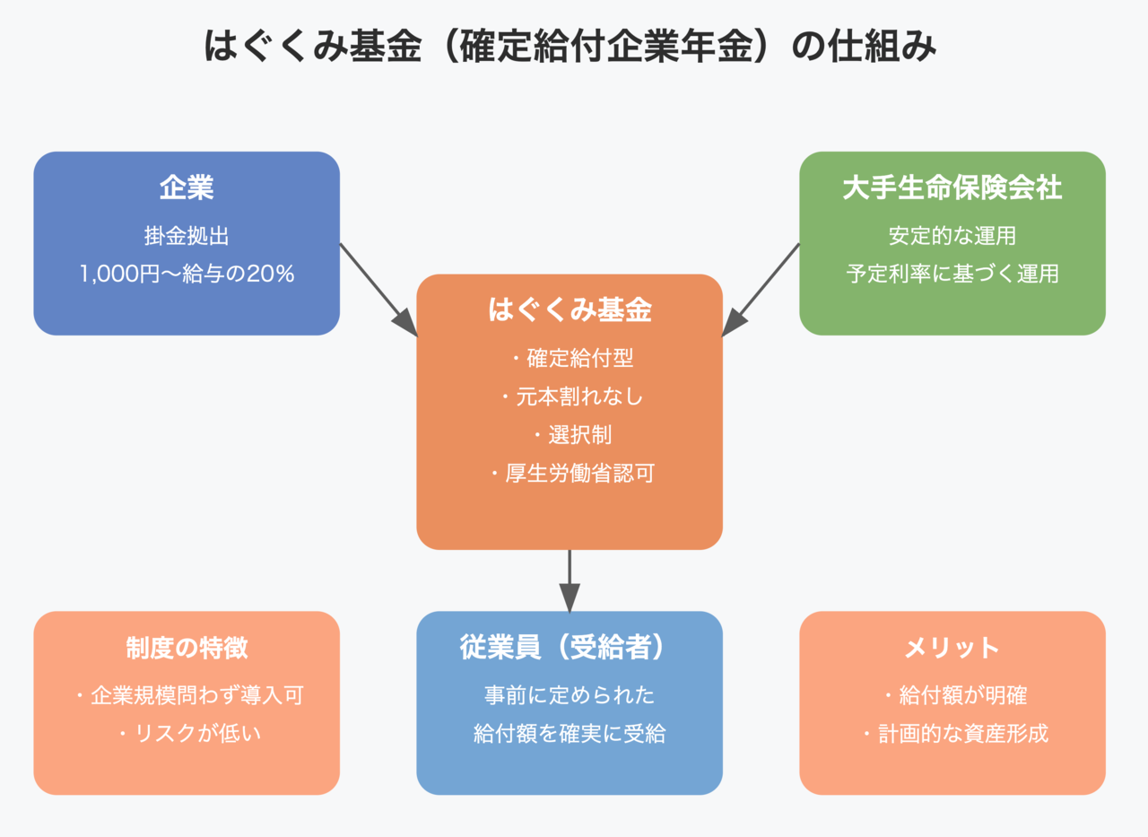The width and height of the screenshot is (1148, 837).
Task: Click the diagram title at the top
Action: point(570,46)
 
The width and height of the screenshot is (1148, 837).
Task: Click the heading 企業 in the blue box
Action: point(187,187)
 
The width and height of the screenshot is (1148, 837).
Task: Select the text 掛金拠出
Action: point(187,236)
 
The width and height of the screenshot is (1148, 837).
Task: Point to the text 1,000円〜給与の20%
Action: point(187,274)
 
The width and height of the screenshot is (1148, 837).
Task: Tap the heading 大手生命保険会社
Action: point(952,187)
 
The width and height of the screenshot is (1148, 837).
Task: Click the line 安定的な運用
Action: point(952,236)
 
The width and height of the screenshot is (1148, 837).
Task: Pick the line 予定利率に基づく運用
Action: point(952,274)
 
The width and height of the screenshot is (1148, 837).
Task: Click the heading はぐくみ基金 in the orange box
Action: point(570,310)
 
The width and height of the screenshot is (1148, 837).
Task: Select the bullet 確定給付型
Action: point(573,358)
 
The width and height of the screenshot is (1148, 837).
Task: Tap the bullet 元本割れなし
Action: point(572,397)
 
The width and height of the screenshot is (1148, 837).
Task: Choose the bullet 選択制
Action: point(573,434)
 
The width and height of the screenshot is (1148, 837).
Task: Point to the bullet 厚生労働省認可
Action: point(572,473)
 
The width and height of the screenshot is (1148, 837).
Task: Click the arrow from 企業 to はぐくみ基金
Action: point(378,290)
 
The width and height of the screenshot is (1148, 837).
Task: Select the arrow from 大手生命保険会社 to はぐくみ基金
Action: point(761,290)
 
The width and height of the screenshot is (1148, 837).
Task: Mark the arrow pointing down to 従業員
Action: point(570,581)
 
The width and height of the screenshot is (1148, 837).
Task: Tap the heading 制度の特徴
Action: point(187,648)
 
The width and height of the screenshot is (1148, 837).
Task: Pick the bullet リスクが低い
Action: point(190,734)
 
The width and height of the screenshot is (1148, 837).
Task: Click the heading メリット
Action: point(952,648)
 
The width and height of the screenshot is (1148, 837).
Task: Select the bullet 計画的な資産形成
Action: point(956,734)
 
